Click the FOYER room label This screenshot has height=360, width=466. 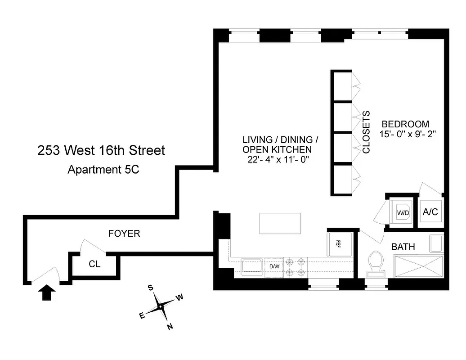[124, 234]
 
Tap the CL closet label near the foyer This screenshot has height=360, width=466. [94, 264]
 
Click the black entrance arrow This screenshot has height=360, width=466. [48, 293]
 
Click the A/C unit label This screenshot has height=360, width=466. [430, 211]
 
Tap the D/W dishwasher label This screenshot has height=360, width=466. [274, 266]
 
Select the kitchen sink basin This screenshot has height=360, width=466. [252, 266]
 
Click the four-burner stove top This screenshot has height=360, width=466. [295, 266]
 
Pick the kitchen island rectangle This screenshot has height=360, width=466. [280, 223]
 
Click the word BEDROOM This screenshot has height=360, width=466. [405, 124]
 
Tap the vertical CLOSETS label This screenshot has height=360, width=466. [366, 132]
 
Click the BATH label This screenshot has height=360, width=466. [403, 247]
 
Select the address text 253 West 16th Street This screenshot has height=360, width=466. [101, 150]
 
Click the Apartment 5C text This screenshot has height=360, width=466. [101, 170]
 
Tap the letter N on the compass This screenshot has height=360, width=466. [170, 327]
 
